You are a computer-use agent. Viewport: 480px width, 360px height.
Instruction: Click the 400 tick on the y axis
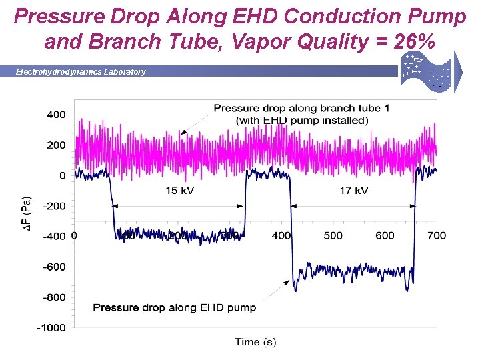click(55, 115)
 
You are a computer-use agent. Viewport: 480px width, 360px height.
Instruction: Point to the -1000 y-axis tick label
click(51, 327)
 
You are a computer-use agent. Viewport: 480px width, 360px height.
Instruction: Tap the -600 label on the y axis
click(53, 267)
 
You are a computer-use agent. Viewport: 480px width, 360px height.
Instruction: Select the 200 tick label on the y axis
click(55, 145)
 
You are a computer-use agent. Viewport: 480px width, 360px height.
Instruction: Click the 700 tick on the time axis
click(437, 235)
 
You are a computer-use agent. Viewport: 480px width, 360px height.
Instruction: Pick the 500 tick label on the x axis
click(333, 235)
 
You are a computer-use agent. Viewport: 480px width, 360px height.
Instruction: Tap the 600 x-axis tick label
click(385, 235)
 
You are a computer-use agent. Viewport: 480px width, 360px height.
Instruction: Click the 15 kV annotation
click(180, 191)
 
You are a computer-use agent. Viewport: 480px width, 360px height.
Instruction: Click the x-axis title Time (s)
click(255, 342)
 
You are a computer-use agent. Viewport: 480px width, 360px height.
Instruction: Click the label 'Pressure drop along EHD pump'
click(174, 307)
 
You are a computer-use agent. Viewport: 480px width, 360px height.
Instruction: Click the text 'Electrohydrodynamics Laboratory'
click(81, 71)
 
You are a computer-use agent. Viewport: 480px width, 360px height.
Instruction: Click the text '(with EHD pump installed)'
click(302, 121)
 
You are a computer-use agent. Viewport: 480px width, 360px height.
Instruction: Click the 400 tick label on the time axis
click(281, 235)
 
